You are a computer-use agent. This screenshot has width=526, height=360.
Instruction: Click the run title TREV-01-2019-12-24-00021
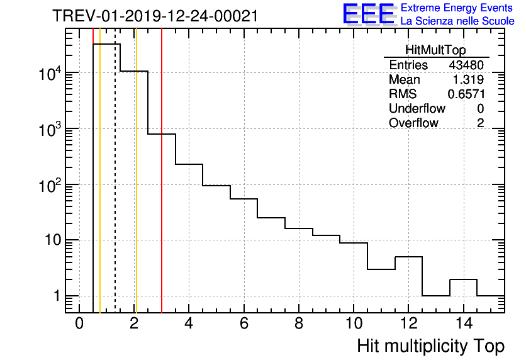(x=155, y=16)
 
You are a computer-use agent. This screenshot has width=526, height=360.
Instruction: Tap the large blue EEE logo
(x=368, y=14)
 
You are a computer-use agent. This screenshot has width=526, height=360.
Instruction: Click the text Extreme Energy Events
(x=457, y=8)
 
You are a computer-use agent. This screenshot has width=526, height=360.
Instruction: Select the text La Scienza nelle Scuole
(x=457, y=21)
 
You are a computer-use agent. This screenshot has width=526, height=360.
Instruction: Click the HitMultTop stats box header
(x=436, y=51)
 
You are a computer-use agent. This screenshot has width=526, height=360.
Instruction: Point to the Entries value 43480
(x=466, y=65)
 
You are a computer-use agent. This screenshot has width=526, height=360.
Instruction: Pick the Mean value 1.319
(x=468, y=80)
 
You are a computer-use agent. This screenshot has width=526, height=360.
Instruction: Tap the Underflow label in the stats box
(x=417, y=109)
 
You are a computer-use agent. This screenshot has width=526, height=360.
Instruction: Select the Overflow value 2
(x=480, y=123)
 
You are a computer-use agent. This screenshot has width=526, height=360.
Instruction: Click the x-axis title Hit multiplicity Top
(x=430, y=346)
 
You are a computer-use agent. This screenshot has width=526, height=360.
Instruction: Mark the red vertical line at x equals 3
(x=162, y=189)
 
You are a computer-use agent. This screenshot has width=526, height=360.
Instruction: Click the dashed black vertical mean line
(x=115, y=189)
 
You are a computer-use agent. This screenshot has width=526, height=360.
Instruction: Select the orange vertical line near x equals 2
(x=136, y=189)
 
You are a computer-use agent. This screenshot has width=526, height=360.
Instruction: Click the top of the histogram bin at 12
(x=409, y=257)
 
